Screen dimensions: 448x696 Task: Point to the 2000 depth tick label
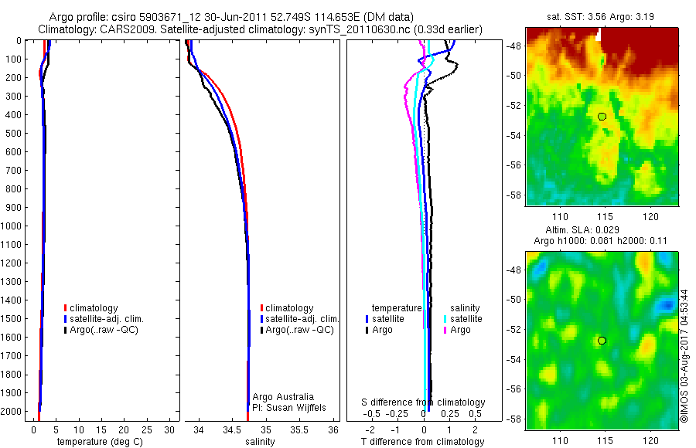coord(12,411)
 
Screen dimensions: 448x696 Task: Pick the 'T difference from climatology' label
coord(422,442)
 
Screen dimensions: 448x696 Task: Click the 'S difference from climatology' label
coord(424,402)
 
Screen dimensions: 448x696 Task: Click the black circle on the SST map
coord(602,117)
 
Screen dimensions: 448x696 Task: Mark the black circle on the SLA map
coord(602,341)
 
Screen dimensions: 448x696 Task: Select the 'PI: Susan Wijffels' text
coord(286,407)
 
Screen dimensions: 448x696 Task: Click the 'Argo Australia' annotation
coord(283,396)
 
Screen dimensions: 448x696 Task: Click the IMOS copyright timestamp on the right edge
coord(684,355)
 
